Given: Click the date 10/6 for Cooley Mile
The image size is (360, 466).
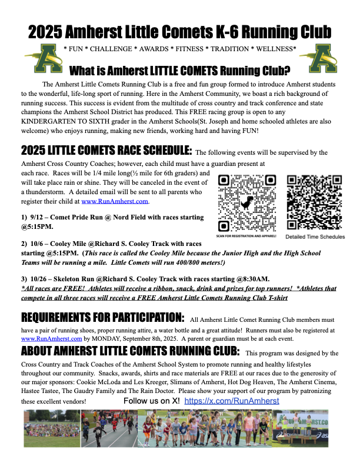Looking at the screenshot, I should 39,244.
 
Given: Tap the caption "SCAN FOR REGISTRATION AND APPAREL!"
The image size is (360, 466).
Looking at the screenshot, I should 246,236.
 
